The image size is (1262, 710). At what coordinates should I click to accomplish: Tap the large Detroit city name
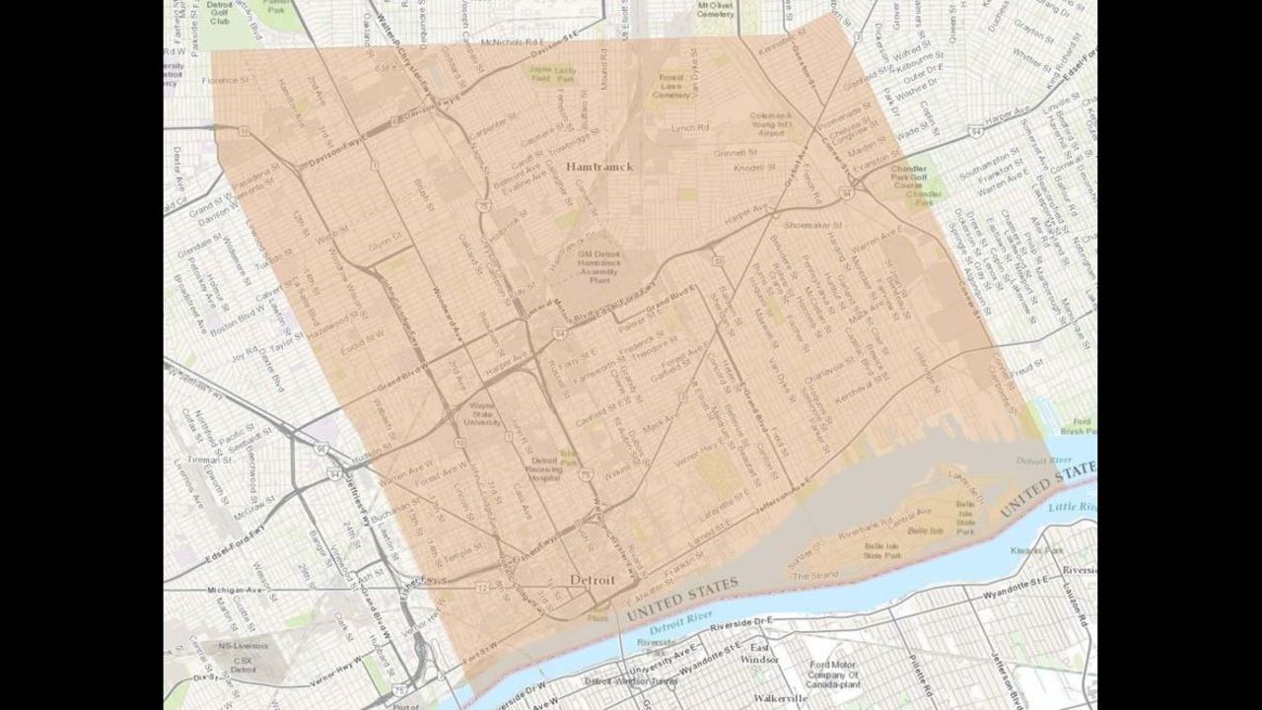(x=593, y=581)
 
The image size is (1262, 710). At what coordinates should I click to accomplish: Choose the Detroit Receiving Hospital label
(x=545, y=469)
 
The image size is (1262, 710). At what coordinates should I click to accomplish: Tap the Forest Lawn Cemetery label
(x=671, y=89)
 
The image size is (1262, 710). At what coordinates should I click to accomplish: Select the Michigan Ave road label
(x=233, y=590)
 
